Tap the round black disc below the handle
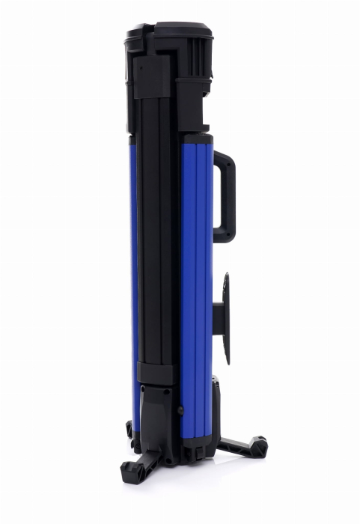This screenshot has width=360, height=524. [225, 319]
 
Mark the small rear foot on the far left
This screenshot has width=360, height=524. [129, 430]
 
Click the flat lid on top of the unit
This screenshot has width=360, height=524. [171, 30]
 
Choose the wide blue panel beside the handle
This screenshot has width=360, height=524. [196, 284]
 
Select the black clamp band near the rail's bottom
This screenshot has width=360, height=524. [154, 373]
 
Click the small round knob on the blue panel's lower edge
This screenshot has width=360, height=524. [180, 409]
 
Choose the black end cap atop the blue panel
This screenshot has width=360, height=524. [195, 138]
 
